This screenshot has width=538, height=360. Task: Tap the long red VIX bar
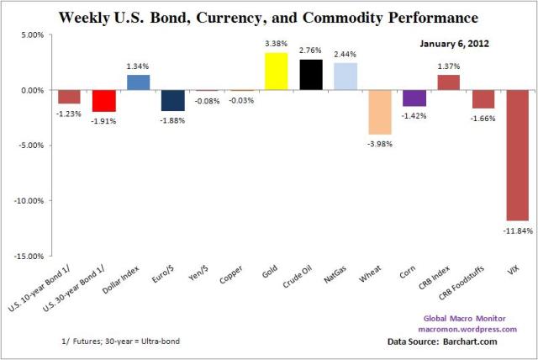[x=517, y=155]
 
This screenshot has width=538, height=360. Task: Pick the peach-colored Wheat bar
[x=379, y=112]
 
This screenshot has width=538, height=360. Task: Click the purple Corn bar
[x=414, y=98]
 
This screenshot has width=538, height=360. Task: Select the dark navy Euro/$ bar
[x=173, y=100]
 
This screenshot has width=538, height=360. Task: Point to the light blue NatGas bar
[x=345, y=77]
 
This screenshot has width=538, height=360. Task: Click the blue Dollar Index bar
[x=139, y=82]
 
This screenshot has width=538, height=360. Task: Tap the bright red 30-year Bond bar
[x=104, y=100]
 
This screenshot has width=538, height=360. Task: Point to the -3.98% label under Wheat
[x=380, y=143]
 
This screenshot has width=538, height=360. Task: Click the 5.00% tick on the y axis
[x=30, y=34]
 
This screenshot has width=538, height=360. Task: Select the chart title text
[x=269, y=16]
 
